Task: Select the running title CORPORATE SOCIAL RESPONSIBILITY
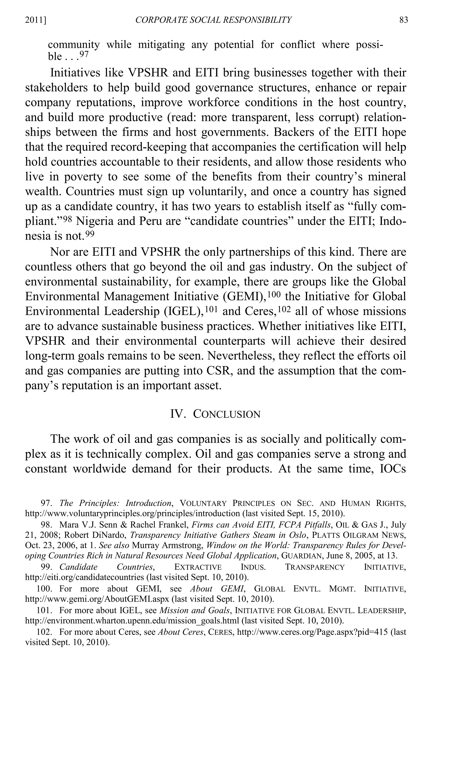pos(214,20)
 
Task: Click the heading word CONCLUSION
pos(227,414)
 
